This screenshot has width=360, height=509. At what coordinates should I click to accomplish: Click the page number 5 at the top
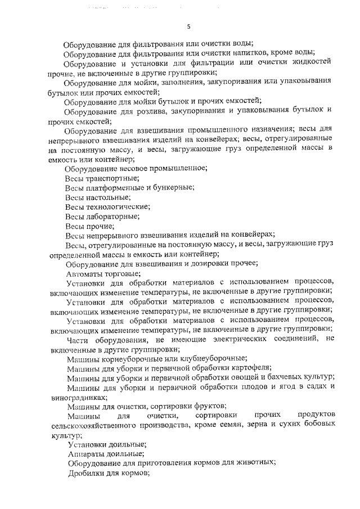click(x=189, y=26)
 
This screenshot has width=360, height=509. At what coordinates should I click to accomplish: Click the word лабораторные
click(x=112, y=216)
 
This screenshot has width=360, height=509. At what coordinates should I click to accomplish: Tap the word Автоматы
click(x=84, y=273)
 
